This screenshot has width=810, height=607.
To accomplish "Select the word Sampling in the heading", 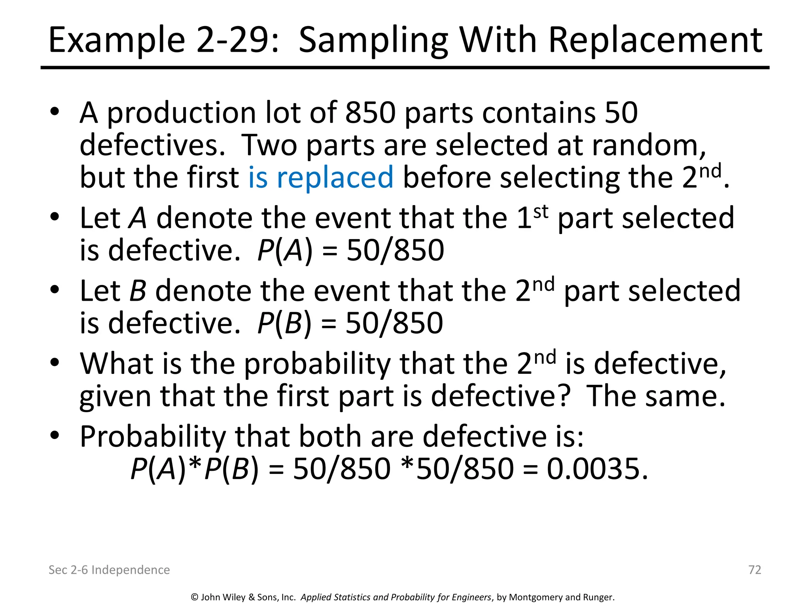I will click(x=373, y=41).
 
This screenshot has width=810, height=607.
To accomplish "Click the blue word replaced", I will click(x=335, y=178).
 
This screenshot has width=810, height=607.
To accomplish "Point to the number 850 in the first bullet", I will click(x=371, y=113).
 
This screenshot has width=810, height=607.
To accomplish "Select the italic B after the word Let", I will click(x=138, y=291).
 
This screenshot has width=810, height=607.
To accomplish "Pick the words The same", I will click(x=655, y=396).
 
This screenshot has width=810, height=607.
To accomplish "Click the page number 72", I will click(x=755, y=569).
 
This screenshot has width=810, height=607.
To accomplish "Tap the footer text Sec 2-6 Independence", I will click(x=109, y=569).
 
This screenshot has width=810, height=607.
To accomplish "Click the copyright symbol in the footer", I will click(x=195, y=597).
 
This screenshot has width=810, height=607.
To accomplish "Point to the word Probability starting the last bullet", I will click(x=153, y=437).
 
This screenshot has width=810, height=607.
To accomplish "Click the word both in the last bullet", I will click(x=329, y=436).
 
